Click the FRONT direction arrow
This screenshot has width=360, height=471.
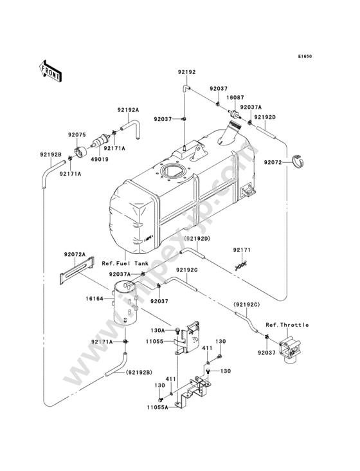[x=50, y=71]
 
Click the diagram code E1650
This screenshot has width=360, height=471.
[x=305, y=56]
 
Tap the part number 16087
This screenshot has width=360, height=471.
[x=235, y=97]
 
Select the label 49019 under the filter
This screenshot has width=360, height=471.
[x=100, y=160]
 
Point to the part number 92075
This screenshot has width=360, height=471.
[x=76, y=134]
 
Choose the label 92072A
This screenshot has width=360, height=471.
[x=75, y=254]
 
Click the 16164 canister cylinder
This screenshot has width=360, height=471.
[x=125, y=303]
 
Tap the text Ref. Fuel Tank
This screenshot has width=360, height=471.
[x=125, y=263]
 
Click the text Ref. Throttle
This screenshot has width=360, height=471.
[x=287, y=325]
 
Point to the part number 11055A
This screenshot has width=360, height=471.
[x=157, y=407]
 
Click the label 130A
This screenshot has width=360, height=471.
[x=157, y=331]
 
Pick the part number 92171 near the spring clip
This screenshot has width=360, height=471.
[x=242, y=250]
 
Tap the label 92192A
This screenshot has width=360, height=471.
[x=128, y=110]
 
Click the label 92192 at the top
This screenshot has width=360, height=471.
[x=186, y=72]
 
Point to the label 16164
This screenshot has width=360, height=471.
[x=94, y=299]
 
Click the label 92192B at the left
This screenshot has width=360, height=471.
[x=51, y=154]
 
